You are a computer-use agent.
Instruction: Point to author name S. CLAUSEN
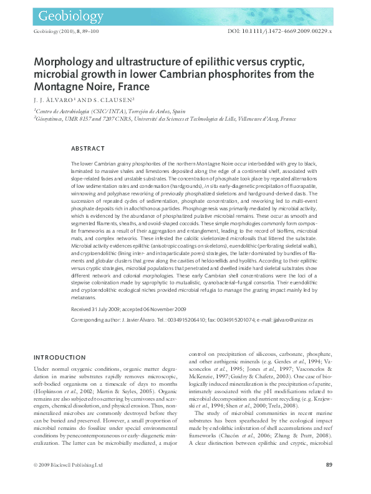(97, 99)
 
